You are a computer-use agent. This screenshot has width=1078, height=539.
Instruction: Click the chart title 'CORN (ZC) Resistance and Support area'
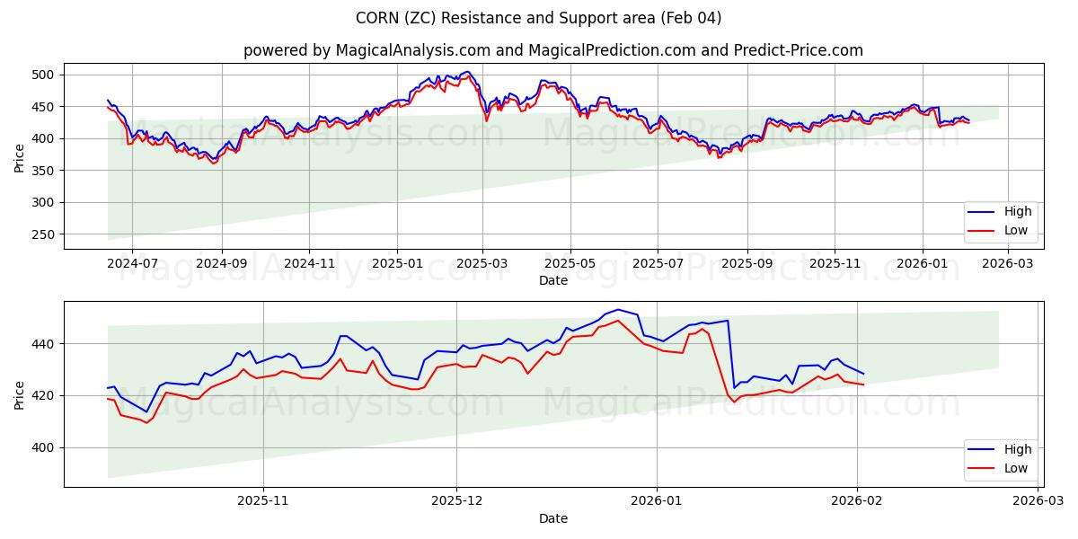click(538, 18)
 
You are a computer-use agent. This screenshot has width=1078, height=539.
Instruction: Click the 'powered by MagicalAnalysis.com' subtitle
click(552, 50)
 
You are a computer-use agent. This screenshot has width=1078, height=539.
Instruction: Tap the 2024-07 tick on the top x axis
click(132, 264)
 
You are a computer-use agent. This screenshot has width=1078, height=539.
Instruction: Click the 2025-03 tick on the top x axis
click(482, 264)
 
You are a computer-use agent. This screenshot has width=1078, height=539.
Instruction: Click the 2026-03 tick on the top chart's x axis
click(1008, 264)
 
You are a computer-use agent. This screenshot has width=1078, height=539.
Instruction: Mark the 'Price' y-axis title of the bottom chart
click(20, 394)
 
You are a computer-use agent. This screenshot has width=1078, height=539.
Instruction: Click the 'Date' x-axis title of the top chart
click(552, 280)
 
